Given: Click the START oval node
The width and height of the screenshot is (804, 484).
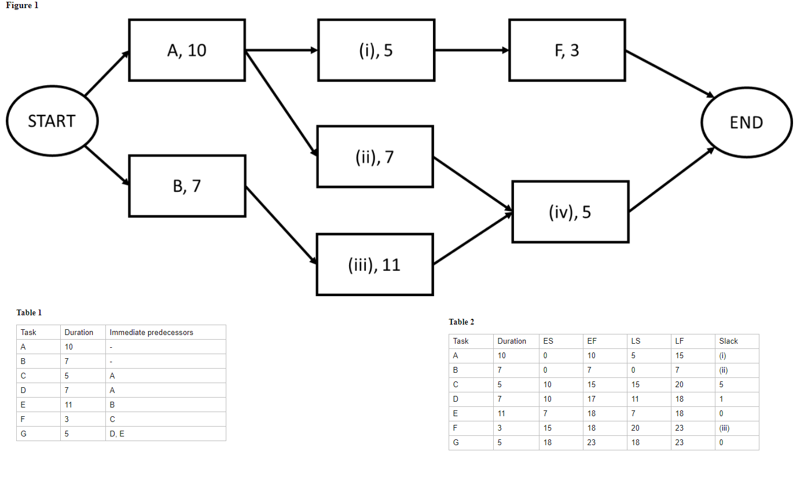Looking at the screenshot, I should [52, 122].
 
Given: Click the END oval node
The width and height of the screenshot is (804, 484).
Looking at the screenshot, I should [746, 122].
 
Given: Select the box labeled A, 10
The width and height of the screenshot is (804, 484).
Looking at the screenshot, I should [187, 50].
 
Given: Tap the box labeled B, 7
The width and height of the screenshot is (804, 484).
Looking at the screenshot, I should [187, 186].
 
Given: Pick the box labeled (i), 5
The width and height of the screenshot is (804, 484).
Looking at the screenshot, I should [376, 50].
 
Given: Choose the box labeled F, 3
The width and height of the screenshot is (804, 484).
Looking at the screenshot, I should [567, 50].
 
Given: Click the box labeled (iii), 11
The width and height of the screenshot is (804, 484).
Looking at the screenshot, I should [375, 265].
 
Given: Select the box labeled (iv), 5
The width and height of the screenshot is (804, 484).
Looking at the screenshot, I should [570, 212].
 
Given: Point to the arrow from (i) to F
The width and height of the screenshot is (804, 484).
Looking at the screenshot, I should [471, 50].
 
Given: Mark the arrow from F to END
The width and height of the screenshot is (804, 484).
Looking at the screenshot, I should [669, 74].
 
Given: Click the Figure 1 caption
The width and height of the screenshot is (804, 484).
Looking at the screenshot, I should [21, 5].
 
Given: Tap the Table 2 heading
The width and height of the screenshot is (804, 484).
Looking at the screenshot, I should [461, 322].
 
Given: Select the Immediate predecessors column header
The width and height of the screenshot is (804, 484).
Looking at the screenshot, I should [151, 332].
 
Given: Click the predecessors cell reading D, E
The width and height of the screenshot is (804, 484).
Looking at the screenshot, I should [116, 434].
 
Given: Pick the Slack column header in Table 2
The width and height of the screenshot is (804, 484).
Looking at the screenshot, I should [728, 341].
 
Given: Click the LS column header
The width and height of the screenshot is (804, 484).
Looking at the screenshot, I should [636, 341].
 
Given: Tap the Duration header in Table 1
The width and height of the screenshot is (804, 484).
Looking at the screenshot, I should [79, 332].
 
